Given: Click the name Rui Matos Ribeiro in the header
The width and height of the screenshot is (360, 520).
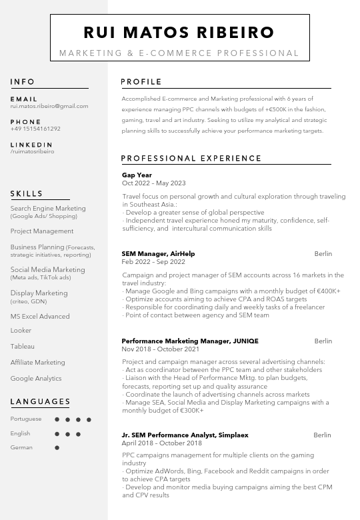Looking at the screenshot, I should (179, 32).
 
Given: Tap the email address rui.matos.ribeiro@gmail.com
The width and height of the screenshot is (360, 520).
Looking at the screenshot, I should (49, 106).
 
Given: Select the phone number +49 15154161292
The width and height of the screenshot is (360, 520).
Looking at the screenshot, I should (35, 129).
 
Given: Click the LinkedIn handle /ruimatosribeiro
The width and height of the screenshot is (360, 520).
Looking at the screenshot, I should (33, 151).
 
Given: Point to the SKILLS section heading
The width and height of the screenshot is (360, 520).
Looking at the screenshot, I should (27, 194).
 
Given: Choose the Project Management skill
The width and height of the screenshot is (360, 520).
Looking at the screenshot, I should (42, 231).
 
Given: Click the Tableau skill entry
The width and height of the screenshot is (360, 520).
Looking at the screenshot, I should (23, 347).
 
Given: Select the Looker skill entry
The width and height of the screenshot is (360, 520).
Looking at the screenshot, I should (21, 331).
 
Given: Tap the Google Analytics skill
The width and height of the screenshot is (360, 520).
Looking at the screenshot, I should (36, 379).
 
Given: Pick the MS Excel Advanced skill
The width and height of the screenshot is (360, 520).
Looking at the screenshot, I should (40, 317).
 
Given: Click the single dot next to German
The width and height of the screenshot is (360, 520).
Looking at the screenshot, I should (57, 448).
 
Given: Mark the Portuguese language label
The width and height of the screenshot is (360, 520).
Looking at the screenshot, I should (26, 419).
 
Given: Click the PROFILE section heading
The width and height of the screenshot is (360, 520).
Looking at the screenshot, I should (141, 82).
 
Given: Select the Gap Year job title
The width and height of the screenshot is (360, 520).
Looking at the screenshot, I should (137, 175).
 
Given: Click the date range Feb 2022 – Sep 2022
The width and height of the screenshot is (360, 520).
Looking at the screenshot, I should (153, 262).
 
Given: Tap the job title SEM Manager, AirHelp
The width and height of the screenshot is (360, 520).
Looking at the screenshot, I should (158, 254).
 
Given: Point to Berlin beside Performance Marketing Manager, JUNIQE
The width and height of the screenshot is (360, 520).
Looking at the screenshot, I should (323, 341).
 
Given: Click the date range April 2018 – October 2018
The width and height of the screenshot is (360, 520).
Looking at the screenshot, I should (161, 443).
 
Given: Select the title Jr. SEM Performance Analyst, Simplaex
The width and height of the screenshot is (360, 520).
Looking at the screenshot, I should (185, 435).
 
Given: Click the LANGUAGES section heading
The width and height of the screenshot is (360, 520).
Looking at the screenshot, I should (41, 401).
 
